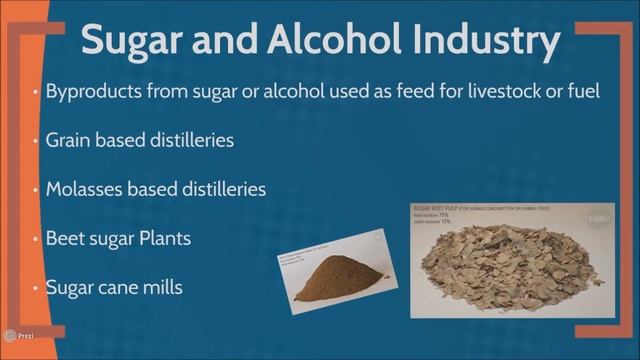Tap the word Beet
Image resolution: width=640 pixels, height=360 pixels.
click(66, 240)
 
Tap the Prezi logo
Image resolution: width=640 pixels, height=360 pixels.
click(19, 337)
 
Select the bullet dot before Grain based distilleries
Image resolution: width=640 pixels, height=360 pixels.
click(37, 141)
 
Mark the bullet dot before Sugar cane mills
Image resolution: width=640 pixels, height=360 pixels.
click(37, 288)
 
